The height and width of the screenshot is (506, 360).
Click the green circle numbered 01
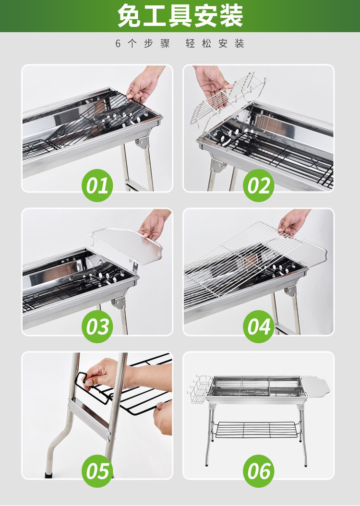coord(97,186)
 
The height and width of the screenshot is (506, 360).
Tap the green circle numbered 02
coord(258,186)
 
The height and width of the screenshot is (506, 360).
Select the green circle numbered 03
coord(97,326)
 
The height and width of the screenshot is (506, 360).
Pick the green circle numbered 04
coord(258,326)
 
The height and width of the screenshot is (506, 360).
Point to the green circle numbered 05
coord(97,470)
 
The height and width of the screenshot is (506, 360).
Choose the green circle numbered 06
coord(258,470)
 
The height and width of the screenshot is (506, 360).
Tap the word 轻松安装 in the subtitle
coord(215,43)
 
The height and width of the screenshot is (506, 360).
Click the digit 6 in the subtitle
coord(118,44)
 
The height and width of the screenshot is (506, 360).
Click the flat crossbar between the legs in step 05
coord(89,416)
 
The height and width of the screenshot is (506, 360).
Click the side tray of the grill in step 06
coord(316,386)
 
